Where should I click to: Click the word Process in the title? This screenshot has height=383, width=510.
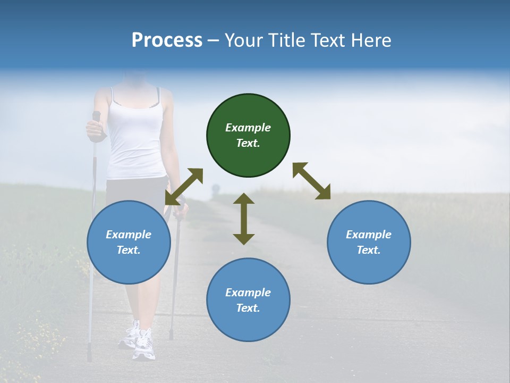click(x=167, y=40)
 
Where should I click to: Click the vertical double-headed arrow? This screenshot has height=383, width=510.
click(x=244, y=219)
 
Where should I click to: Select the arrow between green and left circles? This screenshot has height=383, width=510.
click(x=184, y=187)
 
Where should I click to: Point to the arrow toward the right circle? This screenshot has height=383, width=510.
click(x=312, y=181)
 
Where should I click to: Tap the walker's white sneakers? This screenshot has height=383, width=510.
click(x=139, y=340)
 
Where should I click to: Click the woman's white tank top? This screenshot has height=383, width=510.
click(x=135, y=138)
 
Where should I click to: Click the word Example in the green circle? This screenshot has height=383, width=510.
click(x=248, y=128)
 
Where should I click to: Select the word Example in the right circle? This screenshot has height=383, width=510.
click(x=369, y=235)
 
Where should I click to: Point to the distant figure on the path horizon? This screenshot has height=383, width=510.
click(x=215, y=190)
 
